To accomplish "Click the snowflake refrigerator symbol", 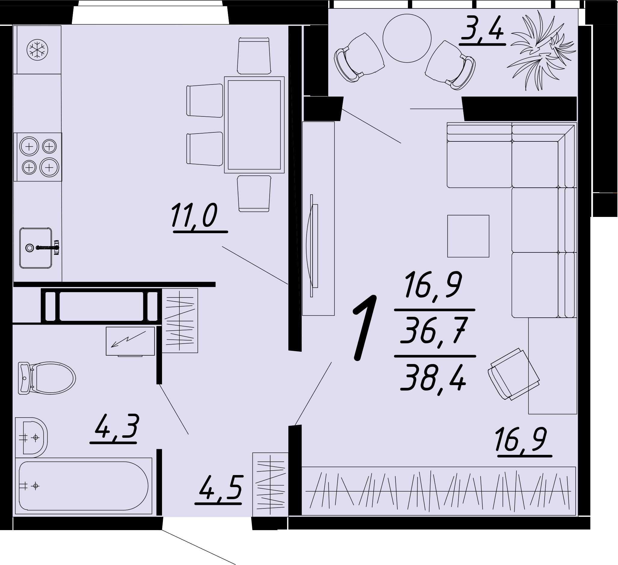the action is (37, 50).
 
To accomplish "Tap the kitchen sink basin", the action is (36, 248).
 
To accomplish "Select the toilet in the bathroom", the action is (47, 378).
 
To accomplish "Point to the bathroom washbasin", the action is (31, 438).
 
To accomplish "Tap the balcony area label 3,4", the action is (482, 30).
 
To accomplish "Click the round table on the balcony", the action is (407, 39).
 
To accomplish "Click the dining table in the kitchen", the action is (254, 125).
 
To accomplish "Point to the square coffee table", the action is (468, 236).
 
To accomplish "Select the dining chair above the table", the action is (254, 56).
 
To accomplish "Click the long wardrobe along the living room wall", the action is (439, 491).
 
